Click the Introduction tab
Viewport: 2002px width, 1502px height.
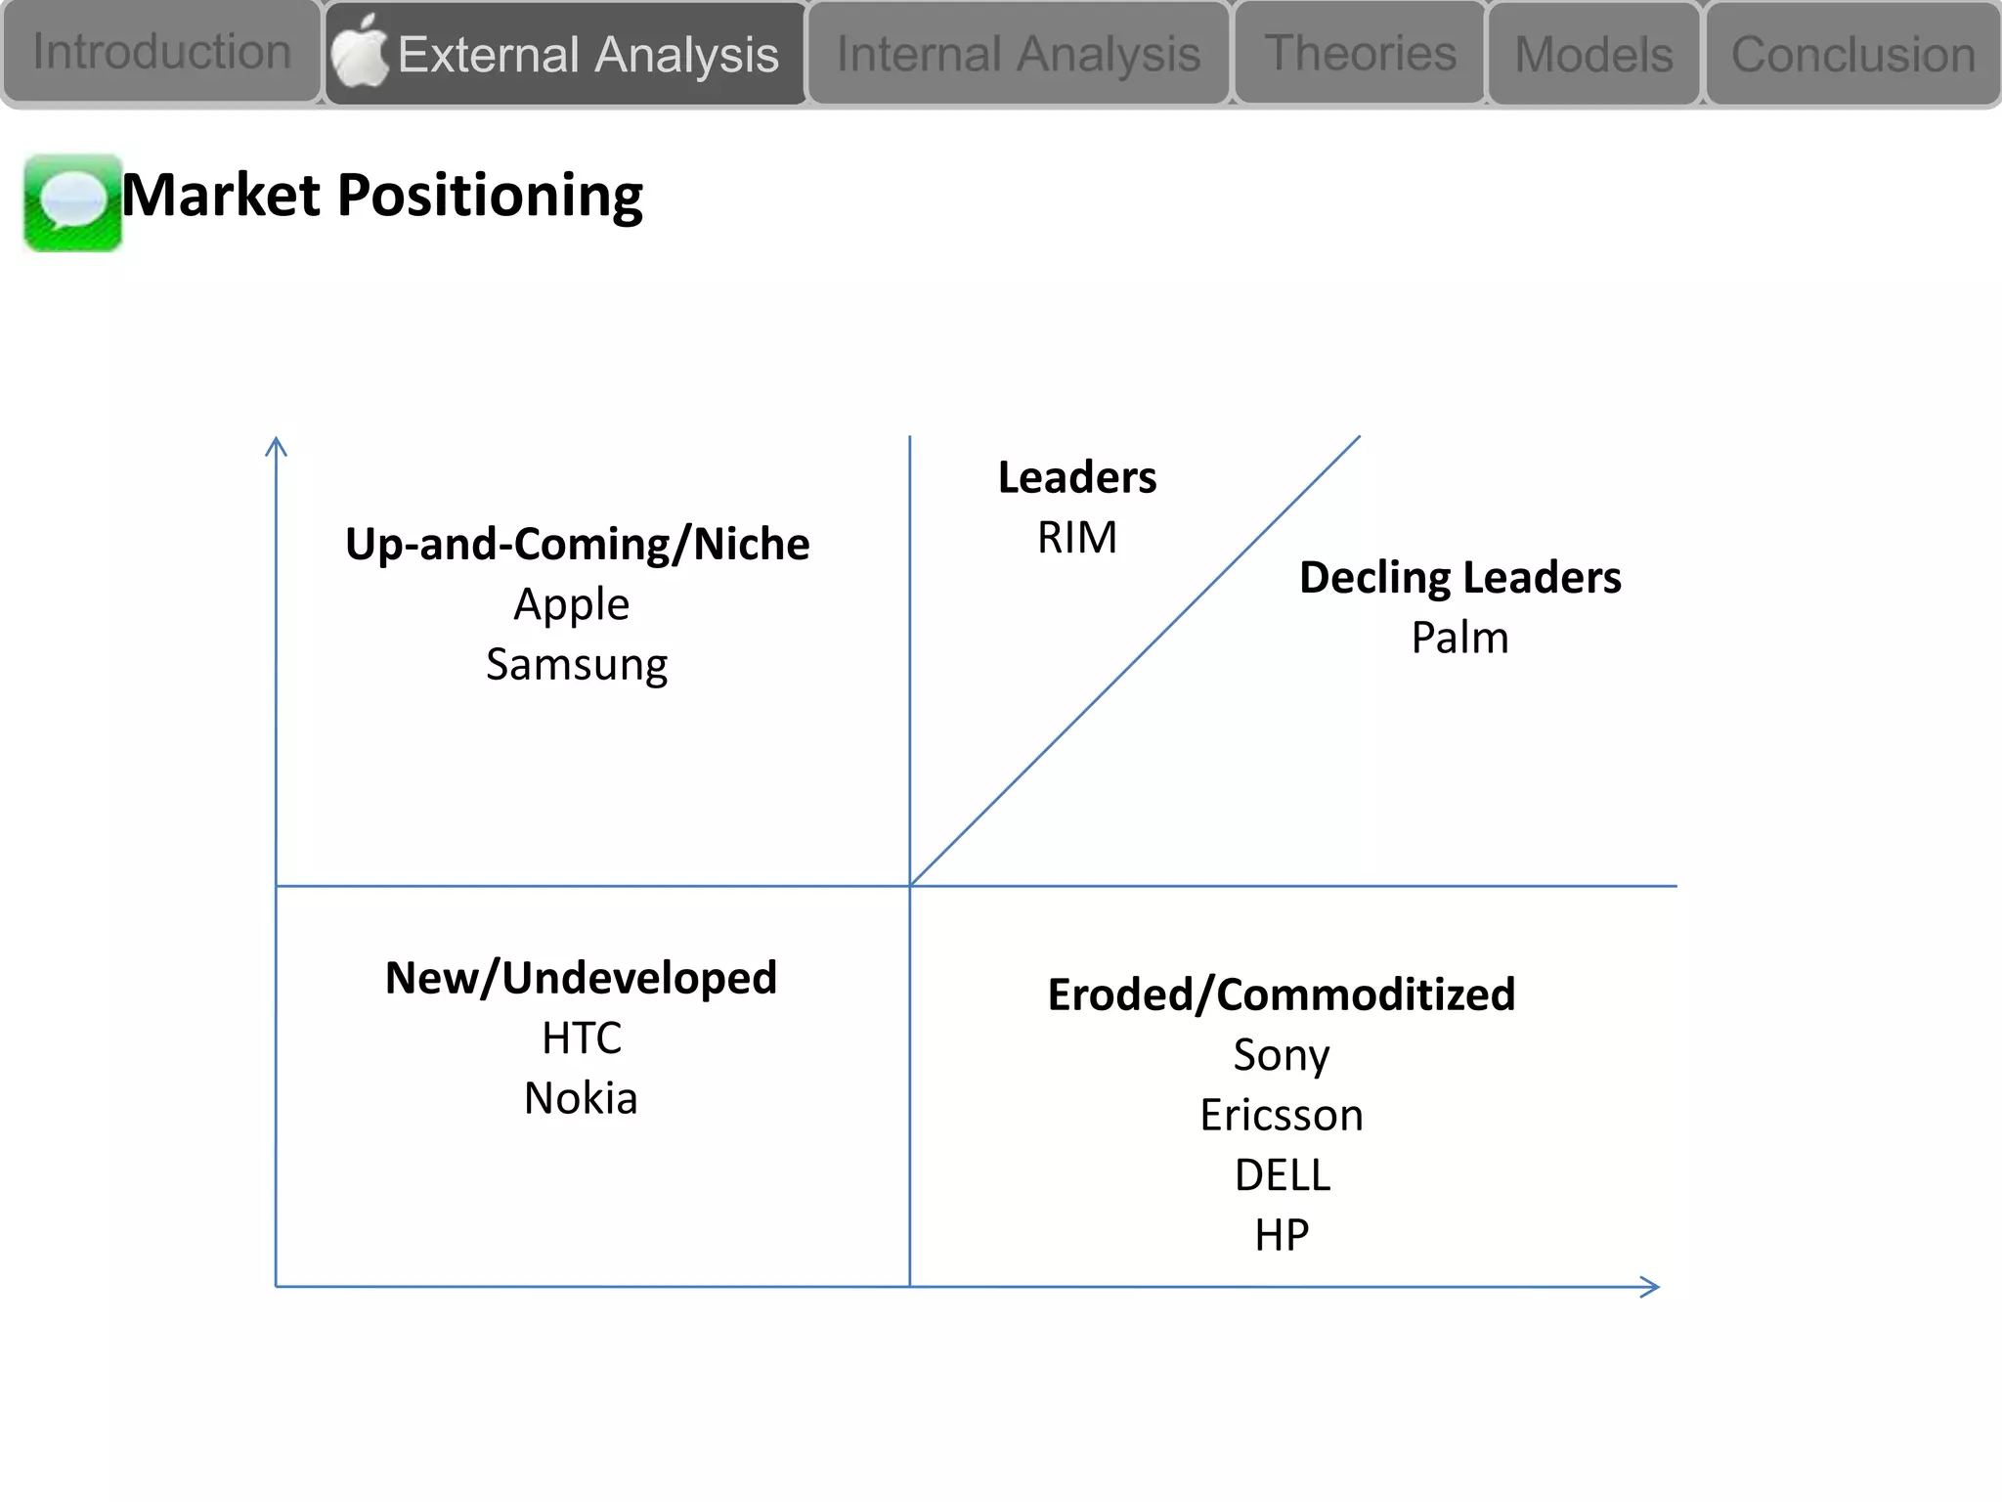click(161, 52)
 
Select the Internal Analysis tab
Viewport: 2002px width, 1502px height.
click(1018, 54)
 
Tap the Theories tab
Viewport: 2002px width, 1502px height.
click(1360, 53)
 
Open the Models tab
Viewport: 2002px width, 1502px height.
click(1593, 55)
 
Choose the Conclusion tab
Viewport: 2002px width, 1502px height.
click(1852, 55)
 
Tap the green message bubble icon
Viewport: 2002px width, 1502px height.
click(72, 202)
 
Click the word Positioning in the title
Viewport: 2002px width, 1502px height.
click(490, 196)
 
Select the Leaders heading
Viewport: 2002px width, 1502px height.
click(1076, 477)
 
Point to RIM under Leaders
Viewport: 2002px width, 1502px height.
click(1076, 538)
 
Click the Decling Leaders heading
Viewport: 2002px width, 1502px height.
click(1459, 577)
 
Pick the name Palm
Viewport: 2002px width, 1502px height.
click(1459, 638)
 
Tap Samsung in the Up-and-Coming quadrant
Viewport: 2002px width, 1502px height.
click(577, 665)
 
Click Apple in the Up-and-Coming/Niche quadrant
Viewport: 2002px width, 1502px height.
click(572, 604)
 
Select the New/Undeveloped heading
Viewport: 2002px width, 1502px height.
click(581, 978)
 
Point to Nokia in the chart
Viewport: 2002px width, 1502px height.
click(581, 1098)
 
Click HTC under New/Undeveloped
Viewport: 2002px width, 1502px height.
click(582, 1038)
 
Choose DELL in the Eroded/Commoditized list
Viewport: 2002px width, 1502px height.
click(1282, 1174)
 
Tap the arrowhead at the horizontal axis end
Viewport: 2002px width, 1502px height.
click(1652, 1287)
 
